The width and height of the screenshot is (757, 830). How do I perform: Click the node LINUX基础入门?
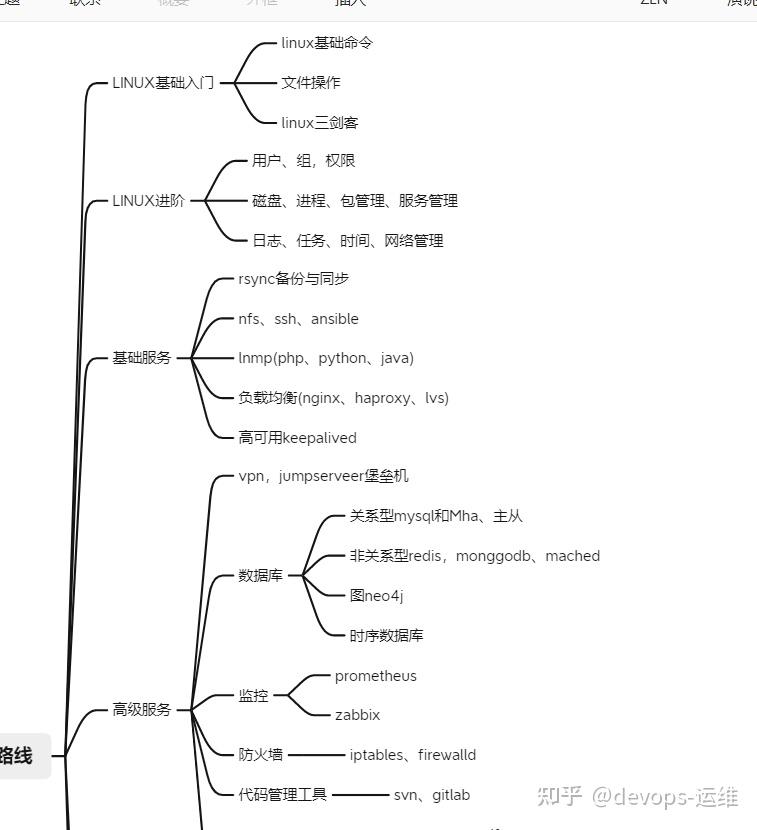[163, 83]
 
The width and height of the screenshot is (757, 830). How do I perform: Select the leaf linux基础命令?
[327, 43]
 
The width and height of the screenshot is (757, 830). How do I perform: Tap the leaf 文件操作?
[311, 83]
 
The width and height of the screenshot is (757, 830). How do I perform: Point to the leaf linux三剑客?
[320, 123]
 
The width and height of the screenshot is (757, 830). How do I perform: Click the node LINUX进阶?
[149, 201]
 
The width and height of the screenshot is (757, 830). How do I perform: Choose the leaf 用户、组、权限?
[304, 161]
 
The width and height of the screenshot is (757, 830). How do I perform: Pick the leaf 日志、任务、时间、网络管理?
[348, 241]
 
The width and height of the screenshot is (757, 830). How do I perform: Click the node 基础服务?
[142, 358]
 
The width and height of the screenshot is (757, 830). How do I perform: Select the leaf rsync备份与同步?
[294, 279]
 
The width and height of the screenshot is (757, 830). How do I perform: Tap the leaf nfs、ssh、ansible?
[298, 319]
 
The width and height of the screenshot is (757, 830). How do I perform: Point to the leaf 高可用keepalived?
[297, 438]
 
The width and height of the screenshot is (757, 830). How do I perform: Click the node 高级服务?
[142, 710]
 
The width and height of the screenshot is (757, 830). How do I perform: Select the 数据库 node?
[261, 576]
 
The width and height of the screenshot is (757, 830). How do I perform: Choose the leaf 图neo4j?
[376, 596]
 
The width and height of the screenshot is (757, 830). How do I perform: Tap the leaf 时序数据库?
[386, 636]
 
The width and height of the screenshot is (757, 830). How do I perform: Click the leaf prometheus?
[376, 676]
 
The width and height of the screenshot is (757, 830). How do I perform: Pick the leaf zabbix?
[357, 715]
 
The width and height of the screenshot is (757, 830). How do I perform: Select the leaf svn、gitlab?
[432, 795]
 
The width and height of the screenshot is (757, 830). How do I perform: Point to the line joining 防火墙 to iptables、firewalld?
[315, 755]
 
